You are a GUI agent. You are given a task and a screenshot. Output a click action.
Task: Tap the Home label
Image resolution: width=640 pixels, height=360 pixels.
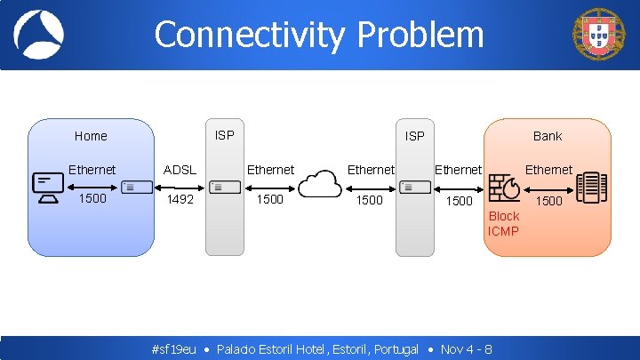pos(91,136)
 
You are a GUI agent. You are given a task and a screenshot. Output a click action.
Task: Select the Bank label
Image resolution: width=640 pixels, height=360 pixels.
pos(548,136)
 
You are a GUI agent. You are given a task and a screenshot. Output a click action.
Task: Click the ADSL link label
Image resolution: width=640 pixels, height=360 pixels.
pos(180,170)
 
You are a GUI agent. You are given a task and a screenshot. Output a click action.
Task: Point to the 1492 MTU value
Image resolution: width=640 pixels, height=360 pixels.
pos(180,200)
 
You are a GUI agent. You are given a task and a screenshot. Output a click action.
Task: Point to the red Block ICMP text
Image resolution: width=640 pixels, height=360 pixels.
pos(503,224)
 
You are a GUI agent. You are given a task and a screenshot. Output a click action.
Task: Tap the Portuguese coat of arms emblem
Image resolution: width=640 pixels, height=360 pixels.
pos(599,34)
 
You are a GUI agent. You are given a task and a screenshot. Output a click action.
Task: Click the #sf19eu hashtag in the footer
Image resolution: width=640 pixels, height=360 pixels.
pos(174,349)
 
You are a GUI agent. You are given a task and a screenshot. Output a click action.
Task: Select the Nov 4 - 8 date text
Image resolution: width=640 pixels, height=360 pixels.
pos(467,349)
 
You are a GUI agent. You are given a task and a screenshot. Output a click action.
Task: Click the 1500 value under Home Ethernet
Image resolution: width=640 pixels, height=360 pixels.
pos(92,198)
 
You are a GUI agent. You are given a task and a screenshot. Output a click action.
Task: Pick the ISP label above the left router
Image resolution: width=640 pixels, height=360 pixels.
pos(225,135)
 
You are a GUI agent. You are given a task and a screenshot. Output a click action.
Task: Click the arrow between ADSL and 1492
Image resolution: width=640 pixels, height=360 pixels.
pos(180,186)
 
